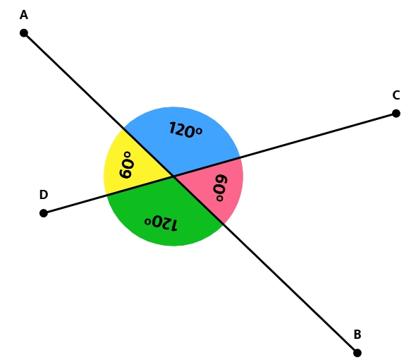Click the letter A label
tap(24, 15)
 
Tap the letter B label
tap(357, 334)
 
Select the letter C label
tap(396, 95)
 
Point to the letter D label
tap(44, 194)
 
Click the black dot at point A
tap(24, 33)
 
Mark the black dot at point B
tap(357, 353)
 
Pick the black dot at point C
tap(396, 113)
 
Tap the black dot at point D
tap(44, 213)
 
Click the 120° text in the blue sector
tap(185, 130)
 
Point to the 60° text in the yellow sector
tap(126, 164)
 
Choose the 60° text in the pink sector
tap(220, 188)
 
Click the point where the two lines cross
tap(173, 176)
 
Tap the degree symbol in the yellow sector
tap(127, 155)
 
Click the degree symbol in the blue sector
tap(199, 131)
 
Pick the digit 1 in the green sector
tap(173, 225)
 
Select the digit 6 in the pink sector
tap(221, 179)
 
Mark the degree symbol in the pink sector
tap(219, 198)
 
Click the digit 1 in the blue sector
tap(172, 128)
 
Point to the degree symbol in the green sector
tap(147, 222)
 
